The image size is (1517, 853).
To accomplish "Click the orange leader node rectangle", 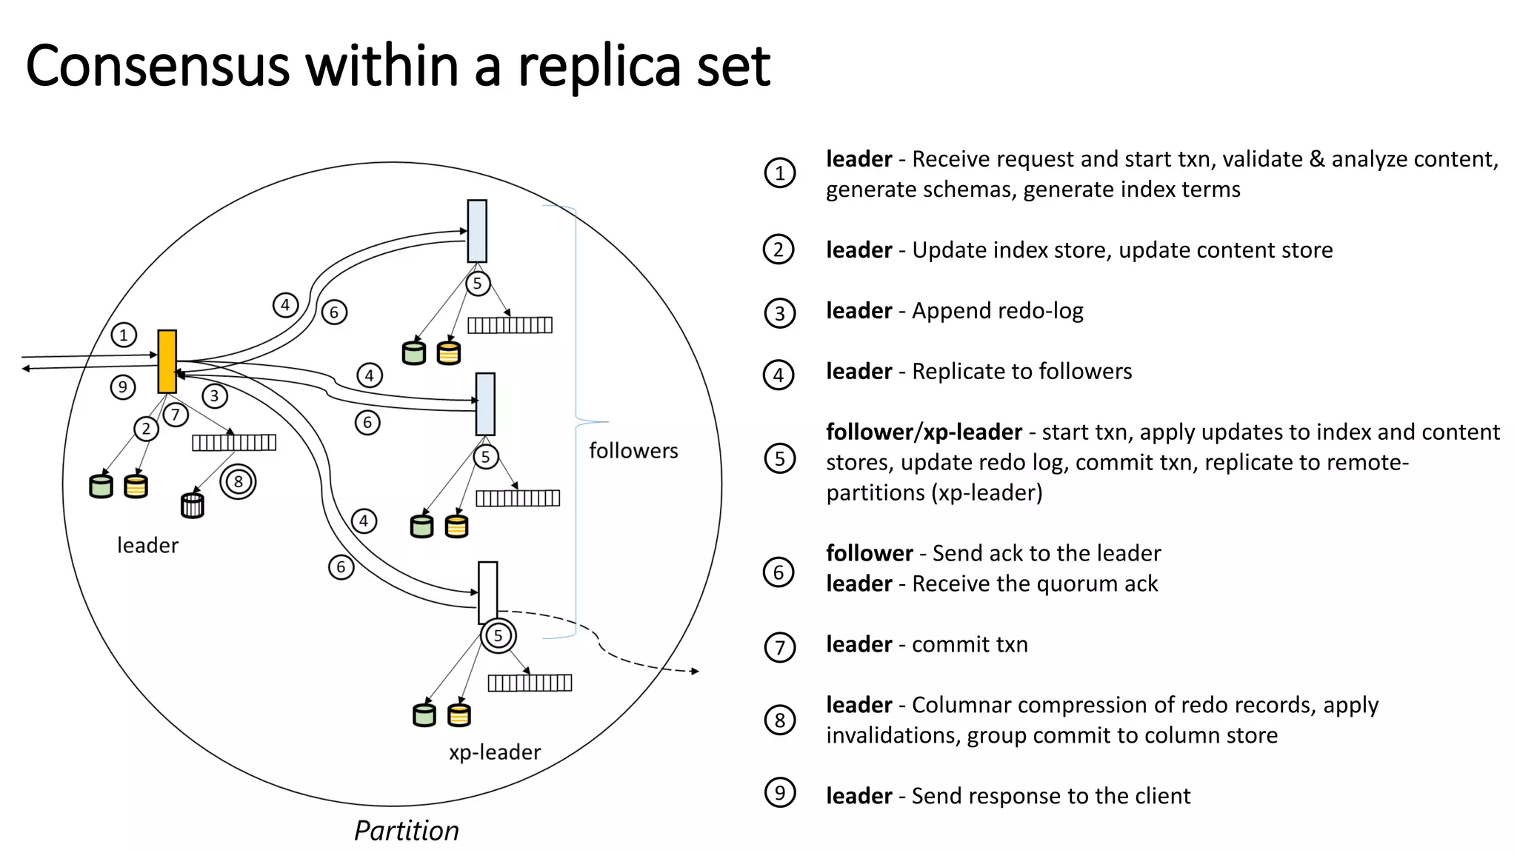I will coord(167,361).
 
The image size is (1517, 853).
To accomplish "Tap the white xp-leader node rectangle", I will coord(487,592).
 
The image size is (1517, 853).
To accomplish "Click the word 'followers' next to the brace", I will coord(633,451).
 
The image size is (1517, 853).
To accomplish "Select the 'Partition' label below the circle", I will coord(406,831).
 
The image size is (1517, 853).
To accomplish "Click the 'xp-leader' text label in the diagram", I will coord(494,752).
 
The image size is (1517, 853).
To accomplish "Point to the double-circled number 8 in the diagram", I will coord(238,482).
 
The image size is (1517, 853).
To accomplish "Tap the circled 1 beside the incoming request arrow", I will coord(124,335).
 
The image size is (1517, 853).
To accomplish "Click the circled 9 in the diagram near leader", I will coord(123,387).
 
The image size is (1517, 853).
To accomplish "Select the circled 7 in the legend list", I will coord(779,647).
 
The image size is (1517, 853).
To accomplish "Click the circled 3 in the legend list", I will coord(779,313).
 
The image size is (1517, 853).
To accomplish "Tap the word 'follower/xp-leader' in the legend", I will coord(923,432).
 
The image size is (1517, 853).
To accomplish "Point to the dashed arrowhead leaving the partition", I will coord(695,671).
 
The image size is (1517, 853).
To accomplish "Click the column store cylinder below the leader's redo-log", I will coord(193,506).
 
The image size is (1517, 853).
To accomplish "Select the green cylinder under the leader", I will coord(101,486).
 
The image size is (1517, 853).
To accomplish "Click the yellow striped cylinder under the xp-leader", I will coord(459,715).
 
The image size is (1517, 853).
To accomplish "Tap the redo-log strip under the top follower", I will coord(510,325).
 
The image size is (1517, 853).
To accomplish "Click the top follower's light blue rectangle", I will coord(477,231).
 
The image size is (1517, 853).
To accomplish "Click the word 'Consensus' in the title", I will coord(158,67).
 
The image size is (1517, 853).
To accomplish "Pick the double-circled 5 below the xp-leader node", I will coord(498,635).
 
